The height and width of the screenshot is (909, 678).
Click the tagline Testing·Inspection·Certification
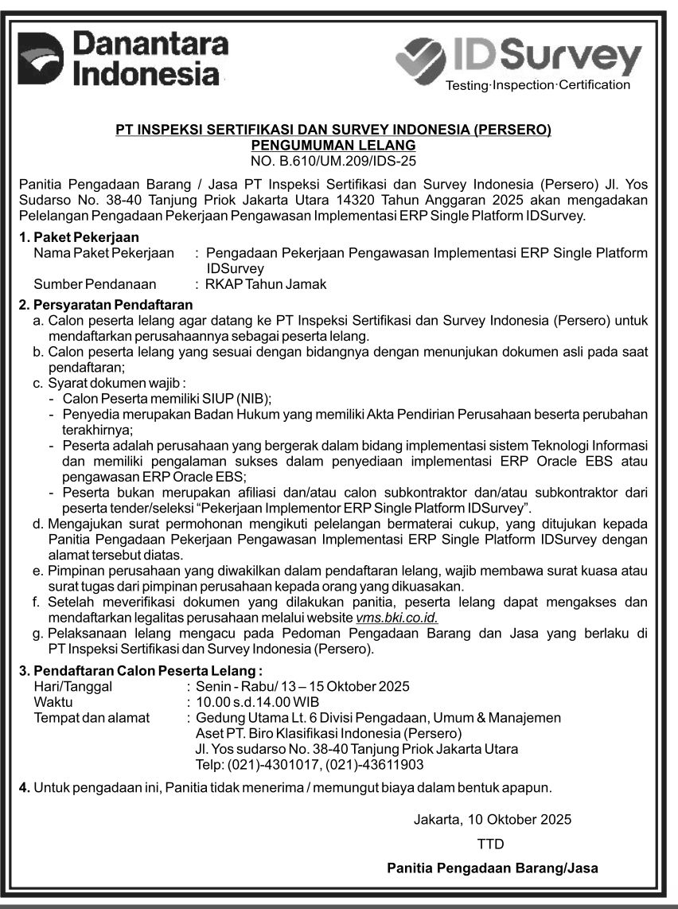[x=537, y=85]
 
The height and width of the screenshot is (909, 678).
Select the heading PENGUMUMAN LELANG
[x=333, y=145]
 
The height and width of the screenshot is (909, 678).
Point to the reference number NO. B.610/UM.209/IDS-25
[x=333, y=159]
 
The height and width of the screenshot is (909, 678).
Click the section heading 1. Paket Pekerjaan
[x=79, y=237]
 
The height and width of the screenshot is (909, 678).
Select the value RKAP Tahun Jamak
[x=266, y=284]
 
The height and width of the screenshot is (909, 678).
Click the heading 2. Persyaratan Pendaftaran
[x=106, y=305]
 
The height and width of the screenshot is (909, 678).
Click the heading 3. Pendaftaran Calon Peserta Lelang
[x=141, y=671]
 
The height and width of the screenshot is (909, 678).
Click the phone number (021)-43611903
[x=376, y=765]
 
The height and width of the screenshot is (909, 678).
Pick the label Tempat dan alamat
[x=92, y=718]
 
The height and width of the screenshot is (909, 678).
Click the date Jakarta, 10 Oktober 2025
[x=493, y=819]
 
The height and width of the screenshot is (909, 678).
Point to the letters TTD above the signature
[x=490, y=843]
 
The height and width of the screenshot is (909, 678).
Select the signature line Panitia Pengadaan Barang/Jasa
[x=492, y=868]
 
